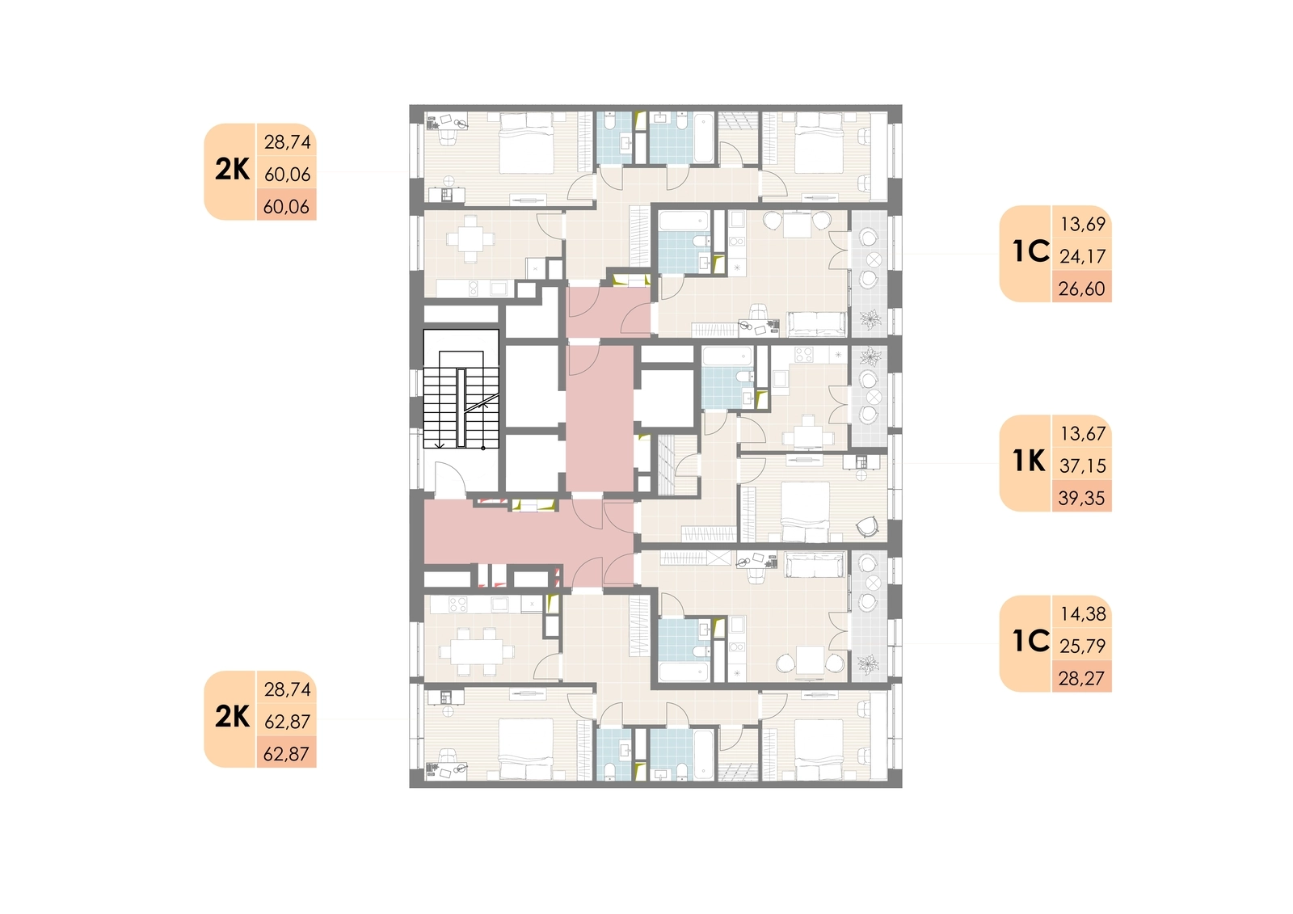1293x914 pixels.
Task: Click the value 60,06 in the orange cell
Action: [286, 206]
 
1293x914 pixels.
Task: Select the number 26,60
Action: [1082, 289]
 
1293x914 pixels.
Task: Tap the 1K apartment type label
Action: [1030, 461]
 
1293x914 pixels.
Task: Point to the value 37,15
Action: [1082, 465]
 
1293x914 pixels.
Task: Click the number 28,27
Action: [1082, 678]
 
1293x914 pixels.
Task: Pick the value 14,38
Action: [1083, 613]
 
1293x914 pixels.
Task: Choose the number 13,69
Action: [1082, 223]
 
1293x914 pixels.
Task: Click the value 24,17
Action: [1082, 256]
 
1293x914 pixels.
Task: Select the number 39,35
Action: [1082, 498]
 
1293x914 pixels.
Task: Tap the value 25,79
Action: [1082, 646]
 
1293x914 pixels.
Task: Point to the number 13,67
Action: [1082, 433]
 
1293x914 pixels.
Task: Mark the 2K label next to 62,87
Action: [232, 717]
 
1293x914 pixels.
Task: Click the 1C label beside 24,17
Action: [1031, 251]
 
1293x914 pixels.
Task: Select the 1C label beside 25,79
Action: [1031, 641]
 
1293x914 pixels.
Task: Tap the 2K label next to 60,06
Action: [232, 170]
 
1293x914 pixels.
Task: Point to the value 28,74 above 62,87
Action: [287, 689]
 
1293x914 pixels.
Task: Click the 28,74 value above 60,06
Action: [287, 141]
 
